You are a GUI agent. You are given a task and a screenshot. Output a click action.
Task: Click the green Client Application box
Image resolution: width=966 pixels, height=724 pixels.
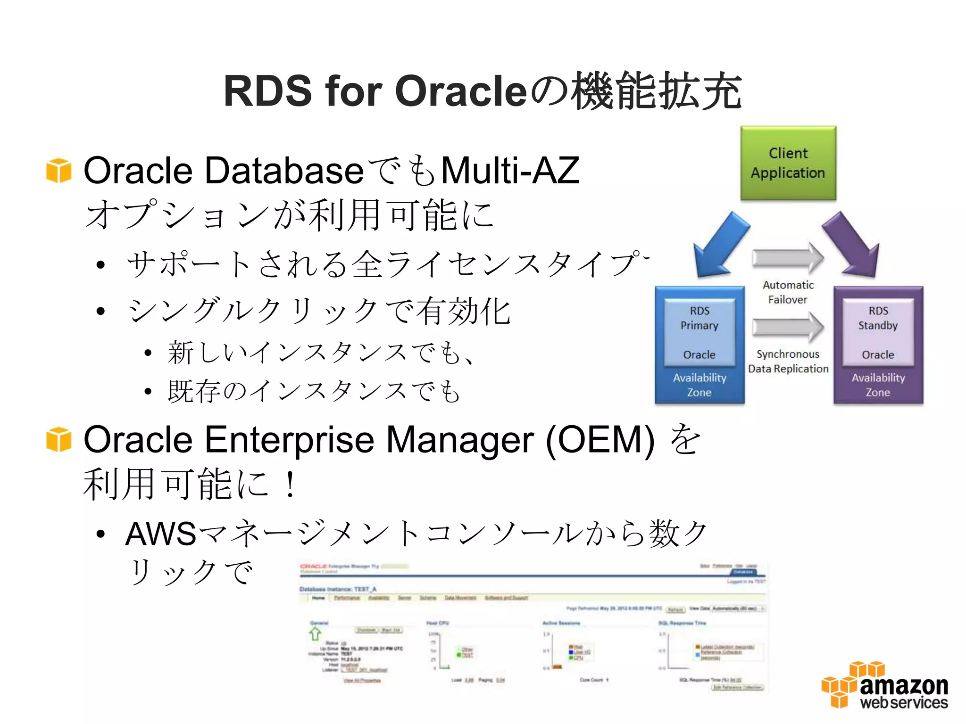[788, 163]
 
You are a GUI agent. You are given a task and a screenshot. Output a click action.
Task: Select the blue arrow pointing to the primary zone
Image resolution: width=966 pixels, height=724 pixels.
[719, 245]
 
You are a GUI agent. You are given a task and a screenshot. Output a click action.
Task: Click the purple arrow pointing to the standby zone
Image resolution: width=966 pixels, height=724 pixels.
[853, 245]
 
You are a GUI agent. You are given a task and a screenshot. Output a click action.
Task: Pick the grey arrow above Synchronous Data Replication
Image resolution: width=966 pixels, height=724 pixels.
[788, 327]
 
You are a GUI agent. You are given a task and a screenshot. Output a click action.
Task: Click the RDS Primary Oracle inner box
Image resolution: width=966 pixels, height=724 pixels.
[700, 332]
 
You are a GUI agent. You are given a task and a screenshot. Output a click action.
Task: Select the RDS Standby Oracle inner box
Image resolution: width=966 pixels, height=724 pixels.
[878, 332]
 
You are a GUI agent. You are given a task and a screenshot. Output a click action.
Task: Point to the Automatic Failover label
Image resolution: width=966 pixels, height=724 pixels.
[788, 292]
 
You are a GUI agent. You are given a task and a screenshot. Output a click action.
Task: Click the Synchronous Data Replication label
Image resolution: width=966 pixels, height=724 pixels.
[788, 362]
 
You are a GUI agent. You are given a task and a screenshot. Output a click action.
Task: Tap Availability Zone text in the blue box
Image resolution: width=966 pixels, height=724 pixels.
[700, 385]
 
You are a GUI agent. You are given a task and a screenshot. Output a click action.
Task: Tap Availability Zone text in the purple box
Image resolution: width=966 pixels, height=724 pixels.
[878, 385]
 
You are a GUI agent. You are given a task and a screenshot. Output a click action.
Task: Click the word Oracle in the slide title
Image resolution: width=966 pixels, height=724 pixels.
[460, 91]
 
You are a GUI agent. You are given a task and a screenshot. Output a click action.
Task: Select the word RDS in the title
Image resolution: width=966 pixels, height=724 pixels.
[267, 91]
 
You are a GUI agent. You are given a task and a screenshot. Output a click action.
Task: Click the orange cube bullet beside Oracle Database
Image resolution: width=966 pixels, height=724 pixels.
[59, 170]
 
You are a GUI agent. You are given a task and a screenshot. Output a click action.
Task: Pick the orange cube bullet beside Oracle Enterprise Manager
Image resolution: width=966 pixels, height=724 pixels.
[59, 439]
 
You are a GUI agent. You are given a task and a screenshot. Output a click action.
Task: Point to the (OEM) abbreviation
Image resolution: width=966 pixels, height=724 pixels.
[600, 440]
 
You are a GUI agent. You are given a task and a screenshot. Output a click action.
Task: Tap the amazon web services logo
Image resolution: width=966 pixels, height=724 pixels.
[884, 686]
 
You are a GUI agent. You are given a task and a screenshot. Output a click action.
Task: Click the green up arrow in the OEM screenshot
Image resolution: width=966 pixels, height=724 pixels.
[315, 633]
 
